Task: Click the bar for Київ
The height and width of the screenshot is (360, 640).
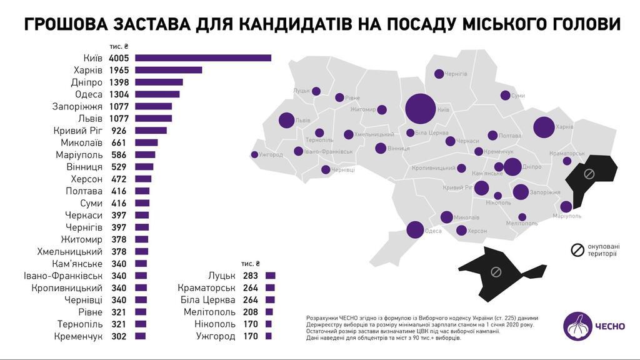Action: [x=203, y=58]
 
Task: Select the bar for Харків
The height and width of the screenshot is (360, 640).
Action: [x=169, y=70]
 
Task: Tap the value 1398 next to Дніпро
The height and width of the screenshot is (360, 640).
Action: [x=118, y=82]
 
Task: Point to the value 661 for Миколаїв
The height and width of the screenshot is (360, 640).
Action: [x=118, y=142]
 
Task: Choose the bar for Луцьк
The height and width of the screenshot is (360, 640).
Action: [x=270, y=276]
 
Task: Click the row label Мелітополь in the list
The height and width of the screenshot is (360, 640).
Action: [x=209, y=312]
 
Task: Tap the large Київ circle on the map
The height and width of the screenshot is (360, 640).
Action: [x=420, y=108]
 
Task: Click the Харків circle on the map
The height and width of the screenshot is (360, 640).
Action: [x=543, y=127]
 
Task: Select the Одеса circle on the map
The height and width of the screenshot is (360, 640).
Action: [x=415, y=230]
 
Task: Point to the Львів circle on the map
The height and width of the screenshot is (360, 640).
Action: [x=286, y=120]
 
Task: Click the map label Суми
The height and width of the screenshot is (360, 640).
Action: [x=518, y=96]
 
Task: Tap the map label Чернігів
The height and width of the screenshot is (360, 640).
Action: [x=456, y=74]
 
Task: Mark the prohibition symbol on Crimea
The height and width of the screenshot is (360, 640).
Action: [x=495, y=272]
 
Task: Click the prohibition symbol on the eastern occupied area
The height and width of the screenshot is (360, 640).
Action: [x=588, y=173]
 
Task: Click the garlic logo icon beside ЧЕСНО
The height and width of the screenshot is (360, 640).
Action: [x=578, y=326]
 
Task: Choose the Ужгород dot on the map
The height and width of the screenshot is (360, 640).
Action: [x=254, y=154]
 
